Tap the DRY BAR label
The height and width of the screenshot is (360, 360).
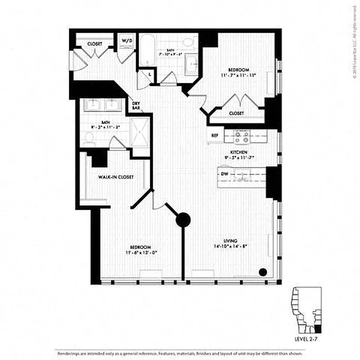coord(136,106)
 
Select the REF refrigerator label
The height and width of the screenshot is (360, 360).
coord(215,135)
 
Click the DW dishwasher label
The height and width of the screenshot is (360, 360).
coord(225,174)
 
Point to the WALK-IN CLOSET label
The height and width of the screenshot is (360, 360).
coord(116,177)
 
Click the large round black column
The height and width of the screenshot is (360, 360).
coord(183,220)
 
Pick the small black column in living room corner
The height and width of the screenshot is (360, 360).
coord(263,272)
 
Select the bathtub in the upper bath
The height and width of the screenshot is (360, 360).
coord(147,51)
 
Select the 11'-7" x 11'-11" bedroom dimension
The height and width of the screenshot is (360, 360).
coord(238,75)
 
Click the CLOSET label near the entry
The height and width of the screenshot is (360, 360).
coord(94,44)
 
